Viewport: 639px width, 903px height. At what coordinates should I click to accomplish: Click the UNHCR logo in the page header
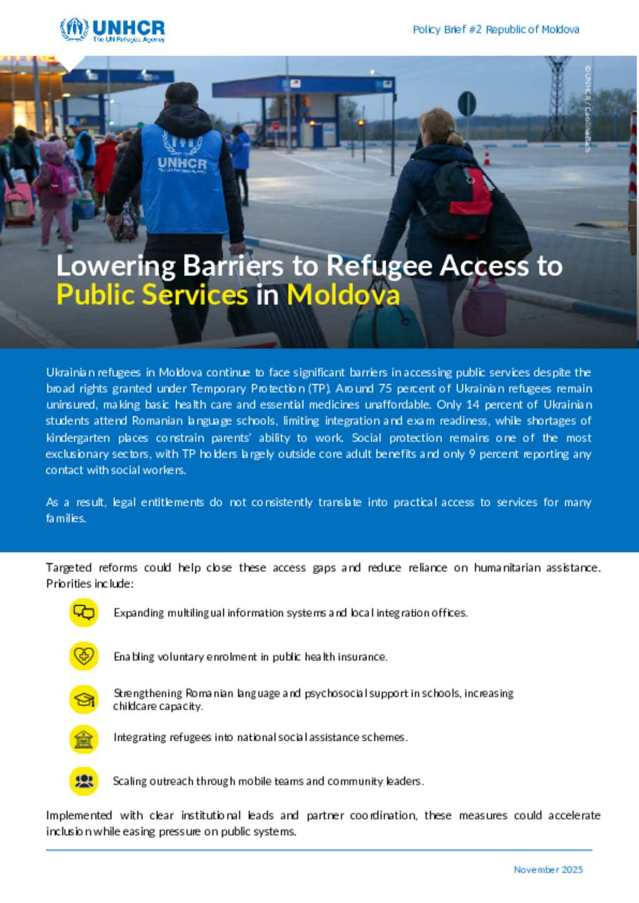(112, 29)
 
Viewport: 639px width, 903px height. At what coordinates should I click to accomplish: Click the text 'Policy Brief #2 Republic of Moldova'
(495, 29)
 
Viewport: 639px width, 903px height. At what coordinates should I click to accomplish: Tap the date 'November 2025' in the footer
(548, 869)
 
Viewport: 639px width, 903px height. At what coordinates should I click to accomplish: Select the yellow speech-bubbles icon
(84, 612)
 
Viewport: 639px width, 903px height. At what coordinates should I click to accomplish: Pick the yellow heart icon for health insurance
(84, 656)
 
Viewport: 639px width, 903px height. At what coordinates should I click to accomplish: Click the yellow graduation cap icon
(84, 700)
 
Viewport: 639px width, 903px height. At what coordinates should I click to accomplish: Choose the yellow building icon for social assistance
(84, 739)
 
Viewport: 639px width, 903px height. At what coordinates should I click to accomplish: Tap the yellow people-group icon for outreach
(84, 781)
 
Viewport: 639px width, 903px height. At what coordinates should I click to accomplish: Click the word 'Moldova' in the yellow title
(343, 295)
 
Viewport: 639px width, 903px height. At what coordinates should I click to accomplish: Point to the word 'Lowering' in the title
(116, 266)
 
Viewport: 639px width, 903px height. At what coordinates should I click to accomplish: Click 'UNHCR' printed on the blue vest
(182, 164)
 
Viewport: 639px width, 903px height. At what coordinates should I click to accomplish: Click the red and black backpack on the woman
(461, 200)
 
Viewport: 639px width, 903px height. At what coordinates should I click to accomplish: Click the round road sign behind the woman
(467, 104)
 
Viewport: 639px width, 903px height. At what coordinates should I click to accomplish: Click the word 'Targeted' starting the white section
(69, 567)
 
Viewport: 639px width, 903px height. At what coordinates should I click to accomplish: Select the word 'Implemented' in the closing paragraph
(79, 815)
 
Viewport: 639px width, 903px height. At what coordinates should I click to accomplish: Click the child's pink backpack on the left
(62, 180)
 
